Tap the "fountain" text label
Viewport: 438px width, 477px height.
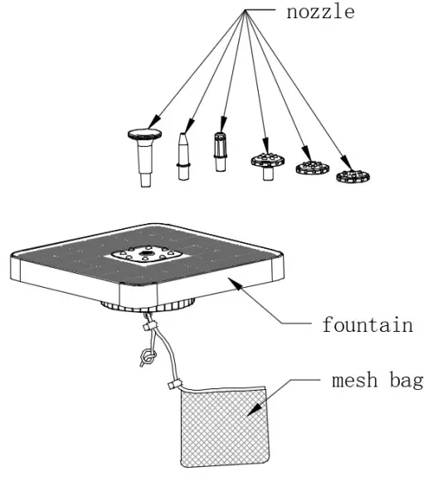(367, 324)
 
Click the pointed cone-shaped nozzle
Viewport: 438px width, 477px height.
(184, 153)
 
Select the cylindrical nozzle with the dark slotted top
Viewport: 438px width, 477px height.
(221, 150)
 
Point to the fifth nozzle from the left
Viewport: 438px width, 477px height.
(310, 167)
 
